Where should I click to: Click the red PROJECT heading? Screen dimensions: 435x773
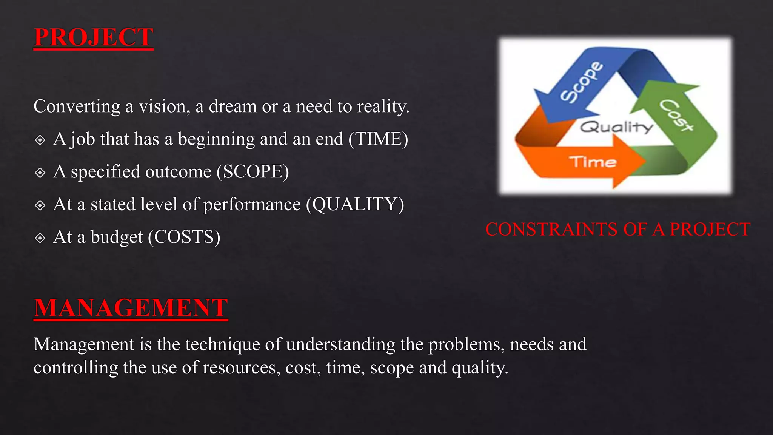(94, 37)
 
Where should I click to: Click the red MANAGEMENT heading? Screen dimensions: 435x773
(131, 308)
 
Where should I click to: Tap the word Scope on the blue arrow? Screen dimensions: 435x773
(581, 82)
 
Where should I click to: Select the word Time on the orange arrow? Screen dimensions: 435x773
(593, 162)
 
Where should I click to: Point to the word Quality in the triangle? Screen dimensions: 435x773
(616, 127)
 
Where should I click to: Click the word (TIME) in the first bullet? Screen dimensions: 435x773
(378, 139)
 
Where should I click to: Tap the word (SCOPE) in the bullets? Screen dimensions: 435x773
(253, 172)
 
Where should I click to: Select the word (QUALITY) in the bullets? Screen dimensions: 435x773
(355, 204)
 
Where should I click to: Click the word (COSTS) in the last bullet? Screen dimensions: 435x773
(184, 237)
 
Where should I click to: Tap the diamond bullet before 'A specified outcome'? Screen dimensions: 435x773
(40, 173)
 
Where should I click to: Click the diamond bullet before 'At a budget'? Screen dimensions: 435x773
(40, 238)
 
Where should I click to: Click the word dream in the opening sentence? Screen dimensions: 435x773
(233, 106)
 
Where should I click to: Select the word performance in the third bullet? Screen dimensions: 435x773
(252, 205)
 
